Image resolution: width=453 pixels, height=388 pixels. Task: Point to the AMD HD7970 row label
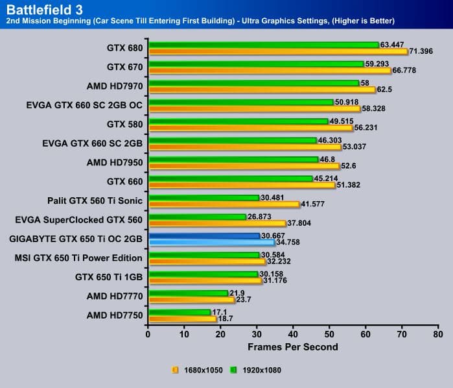click(114, 85)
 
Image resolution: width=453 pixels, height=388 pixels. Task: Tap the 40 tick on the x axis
click(294, 334)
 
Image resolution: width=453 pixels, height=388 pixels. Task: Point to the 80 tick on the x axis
click(438, 334)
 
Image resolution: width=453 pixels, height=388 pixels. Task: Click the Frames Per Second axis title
click(292, 347)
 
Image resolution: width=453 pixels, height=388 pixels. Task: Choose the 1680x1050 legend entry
click(197, 370)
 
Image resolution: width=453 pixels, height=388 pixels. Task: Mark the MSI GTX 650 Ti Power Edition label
click(78, 258)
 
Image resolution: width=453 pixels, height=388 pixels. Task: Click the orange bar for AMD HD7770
click(191, 300)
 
